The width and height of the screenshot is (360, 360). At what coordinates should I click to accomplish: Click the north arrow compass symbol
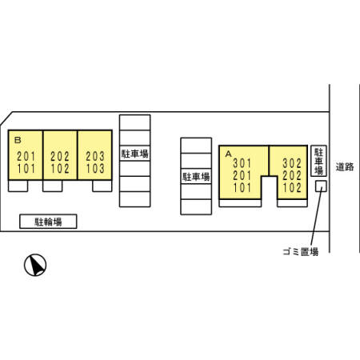[x=35, y=265]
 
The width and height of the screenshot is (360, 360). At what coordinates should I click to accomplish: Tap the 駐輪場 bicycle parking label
[x=48, y=222]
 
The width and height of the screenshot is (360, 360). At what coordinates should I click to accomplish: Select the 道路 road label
[x=345, y=167]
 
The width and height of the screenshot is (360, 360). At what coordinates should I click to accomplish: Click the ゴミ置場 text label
[x=301, y=251]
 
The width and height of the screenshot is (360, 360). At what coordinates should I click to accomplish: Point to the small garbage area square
[x=321, y=186]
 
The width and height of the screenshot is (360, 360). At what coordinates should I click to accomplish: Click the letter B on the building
[x=18, y=140]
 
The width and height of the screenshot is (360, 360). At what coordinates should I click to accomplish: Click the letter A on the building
[x=228, y=154]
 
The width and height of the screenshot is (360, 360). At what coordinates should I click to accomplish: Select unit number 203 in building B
[x=95, y=156]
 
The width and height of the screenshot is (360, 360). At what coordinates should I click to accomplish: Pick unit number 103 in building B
[x=95, y=169]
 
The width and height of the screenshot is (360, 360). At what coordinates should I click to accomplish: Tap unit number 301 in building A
[x=242, y=163]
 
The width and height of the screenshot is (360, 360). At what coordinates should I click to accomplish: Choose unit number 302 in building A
[x=292, y=163]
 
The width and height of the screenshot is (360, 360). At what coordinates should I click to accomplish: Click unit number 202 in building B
[x=60, y=156]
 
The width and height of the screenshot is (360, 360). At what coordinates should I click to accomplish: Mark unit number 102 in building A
[x=292, y=187]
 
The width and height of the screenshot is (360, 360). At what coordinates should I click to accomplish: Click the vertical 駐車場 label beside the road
[x=319, y=161]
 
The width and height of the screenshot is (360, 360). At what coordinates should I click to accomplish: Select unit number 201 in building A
[x=242, y=175]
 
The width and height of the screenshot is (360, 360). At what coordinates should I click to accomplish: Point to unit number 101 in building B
[x=26, y=169]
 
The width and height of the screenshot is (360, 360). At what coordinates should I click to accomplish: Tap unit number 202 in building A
[x=292, y=175]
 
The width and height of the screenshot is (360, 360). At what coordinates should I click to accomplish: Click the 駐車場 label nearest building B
[x=135, y=154]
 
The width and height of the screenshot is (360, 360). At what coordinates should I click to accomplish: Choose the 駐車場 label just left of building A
[x=196, y=177]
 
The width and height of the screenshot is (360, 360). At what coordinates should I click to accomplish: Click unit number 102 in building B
[x=60, y=169]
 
